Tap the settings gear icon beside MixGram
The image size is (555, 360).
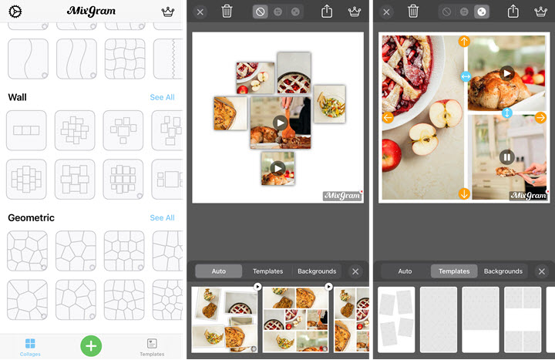15,12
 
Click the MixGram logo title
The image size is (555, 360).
91,11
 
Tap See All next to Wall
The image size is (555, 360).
162,97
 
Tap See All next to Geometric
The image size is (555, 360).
162,217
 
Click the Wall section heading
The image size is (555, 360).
17,97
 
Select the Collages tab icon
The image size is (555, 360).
30,343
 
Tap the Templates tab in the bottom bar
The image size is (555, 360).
152,347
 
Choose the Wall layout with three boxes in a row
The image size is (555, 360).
26,130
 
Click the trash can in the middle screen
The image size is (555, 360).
227,12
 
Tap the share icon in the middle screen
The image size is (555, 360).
327,12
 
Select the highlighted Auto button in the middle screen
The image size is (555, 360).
219,271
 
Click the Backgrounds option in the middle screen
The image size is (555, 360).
317,271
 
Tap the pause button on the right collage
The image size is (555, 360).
507,157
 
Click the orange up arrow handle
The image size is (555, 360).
464,42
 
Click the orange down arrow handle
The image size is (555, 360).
464,193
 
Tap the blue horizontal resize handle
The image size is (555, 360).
466,76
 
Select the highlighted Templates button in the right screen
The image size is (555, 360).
454,271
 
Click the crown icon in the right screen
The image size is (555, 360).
540,12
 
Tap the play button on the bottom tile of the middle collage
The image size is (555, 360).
277,168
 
